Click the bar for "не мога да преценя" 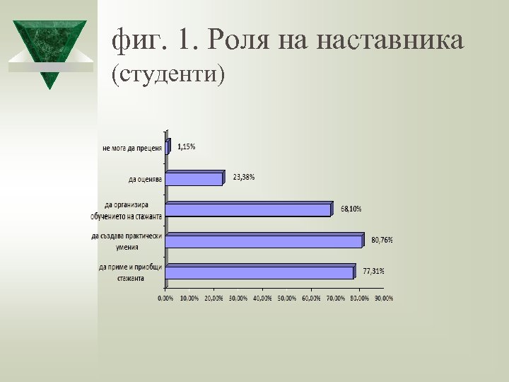[167, 148]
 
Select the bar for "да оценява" [194, 178]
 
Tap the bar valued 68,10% [248, 209]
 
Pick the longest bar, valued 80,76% [264, 241]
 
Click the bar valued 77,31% [259, 272]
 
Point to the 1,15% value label [187, 146]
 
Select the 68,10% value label [351, 209]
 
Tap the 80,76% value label [382, 240]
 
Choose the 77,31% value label [373, 271]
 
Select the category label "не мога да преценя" [132, 149]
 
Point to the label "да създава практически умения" [127, 241]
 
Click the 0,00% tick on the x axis [165, 299]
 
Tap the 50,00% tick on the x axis [286, 299]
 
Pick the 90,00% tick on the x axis [383, 299]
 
